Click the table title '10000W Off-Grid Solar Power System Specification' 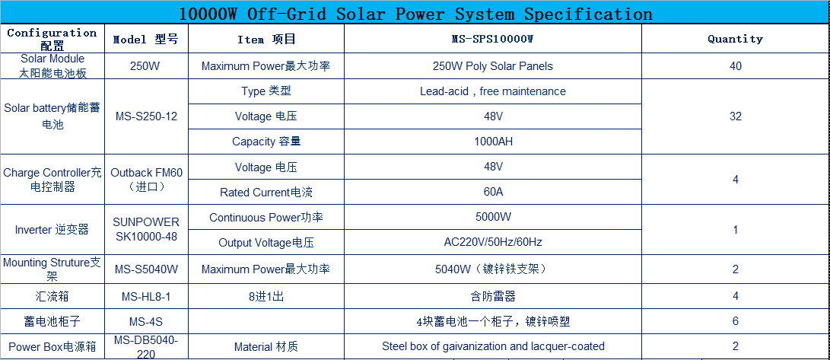(x=415, y=13)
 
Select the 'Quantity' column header (x=735, y=39)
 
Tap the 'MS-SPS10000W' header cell (x=492, y=39)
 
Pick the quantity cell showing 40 (x=735, y=66)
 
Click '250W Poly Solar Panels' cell (x=493, y=66)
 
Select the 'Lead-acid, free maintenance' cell (x=493, y=91)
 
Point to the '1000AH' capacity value (x=493, y=142)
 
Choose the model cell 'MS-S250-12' (x=146, y=116)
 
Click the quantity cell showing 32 (x=735, y=116)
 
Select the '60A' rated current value (x=493, y=192)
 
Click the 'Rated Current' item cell (x=266, y=192)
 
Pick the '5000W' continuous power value (x=493, y=217)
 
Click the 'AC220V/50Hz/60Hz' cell (x=493, y=243)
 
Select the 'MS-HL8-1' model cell (x=146, y=297)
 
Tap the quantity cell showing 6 (x=735, y=322)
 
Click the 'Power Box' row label (x=52, y=347)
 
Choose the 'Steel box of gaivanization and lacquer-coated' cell (x=493, y=347)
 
